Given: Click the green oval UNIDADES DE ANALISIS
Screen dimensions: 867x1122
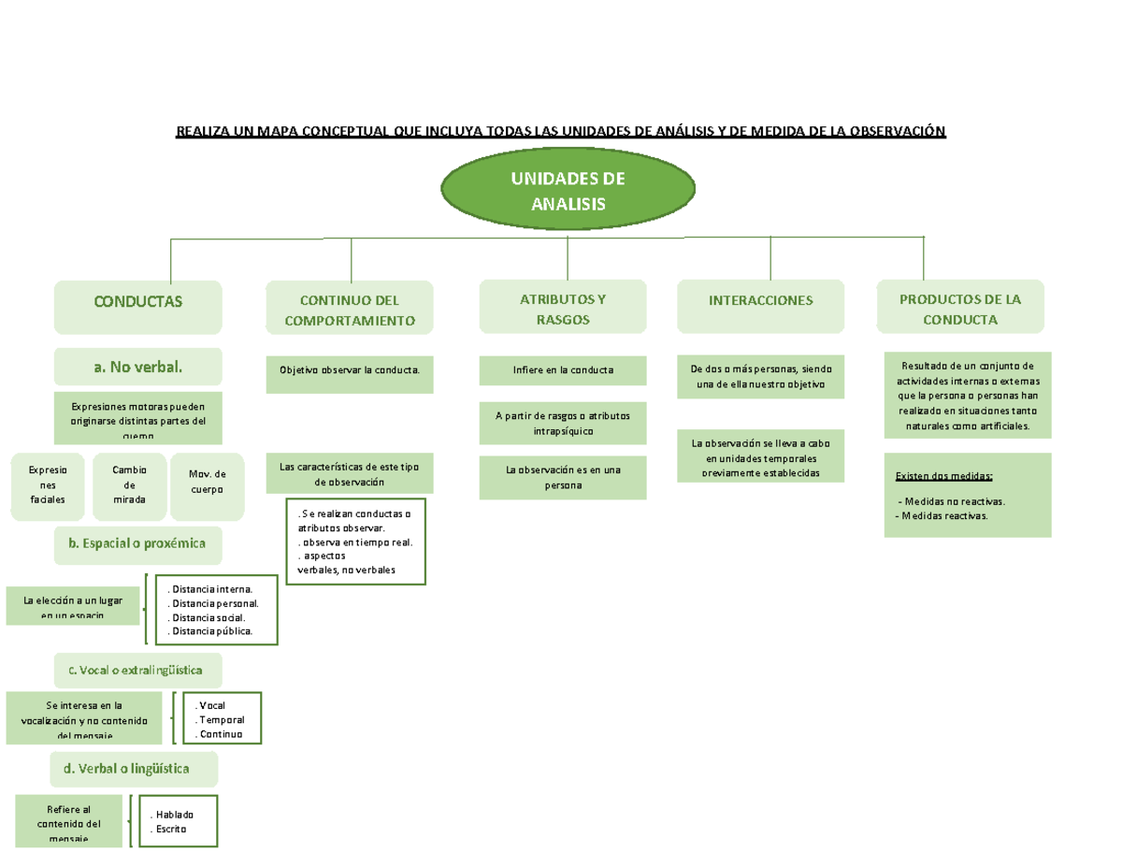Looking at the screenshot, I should (568, 191).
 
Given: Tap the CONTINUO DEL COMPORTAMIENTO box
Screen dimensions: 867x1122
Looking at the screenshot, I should (350, 310).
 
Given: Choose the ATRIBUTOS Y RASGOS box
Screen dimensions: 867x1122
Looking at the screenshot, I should (562, 309).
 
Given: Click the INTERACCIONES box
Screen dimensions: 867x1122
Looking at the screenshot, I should (760, 301).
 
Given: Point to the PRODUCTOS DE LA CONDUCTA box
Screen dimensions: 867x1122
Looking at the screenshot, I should (960, 309).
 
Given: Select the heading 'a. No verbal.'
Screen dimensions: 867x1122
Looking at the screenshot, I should (138, 367).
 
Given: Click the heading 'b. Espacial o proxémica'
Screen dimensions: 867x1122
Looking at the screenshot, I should (137, 543).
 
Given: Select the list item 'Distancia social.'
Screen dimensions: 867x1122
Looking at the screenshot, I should (206, 617).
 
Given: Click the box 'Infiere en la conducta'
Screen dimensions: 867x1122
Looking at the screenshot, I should (563, 370).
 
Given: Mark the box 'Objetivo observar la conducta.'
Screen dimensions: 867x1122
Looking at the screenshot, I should (350, 370).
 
